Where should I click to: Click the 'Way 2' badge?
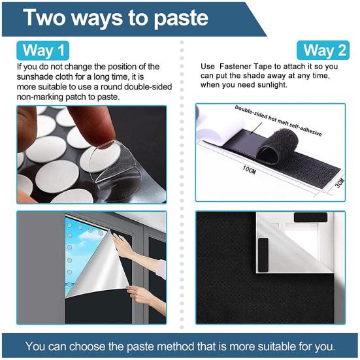point(320,50)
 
